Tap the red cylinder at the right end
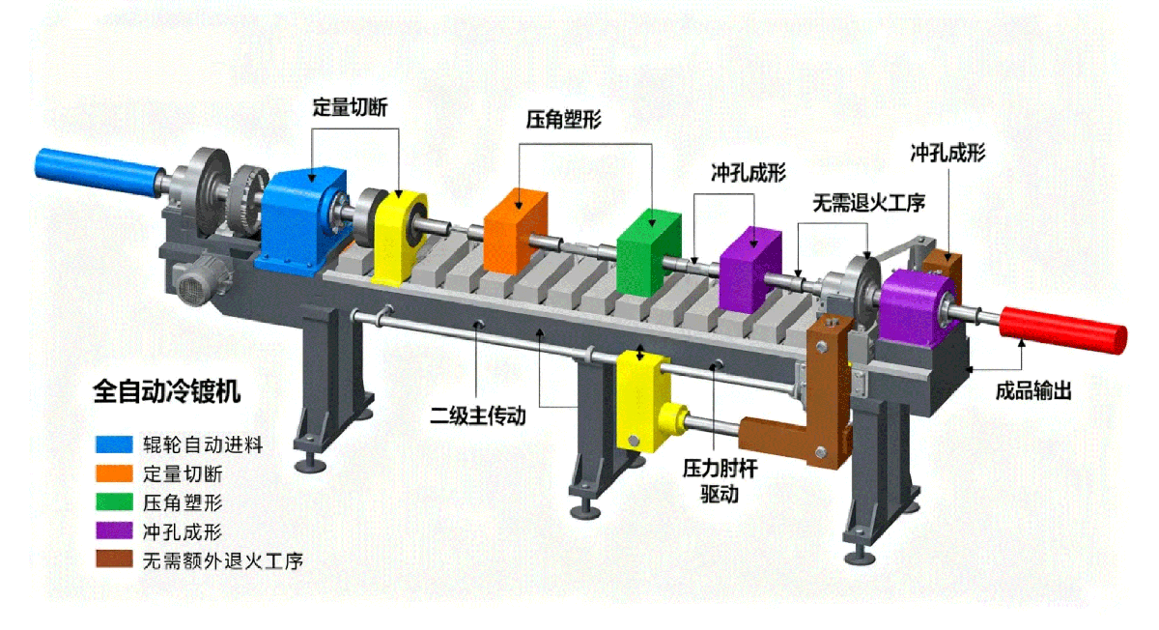1062,325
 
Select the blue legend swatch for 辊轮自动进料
113,445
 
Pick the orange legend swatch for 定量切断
113,474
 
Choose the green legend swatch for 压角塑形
113,502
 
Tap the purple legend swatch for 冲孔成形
113,531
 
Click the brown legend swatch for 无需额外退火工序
113,559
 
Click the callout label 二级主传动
478,416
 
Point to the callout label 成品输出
1033,391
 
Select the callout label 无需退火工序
868,203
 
